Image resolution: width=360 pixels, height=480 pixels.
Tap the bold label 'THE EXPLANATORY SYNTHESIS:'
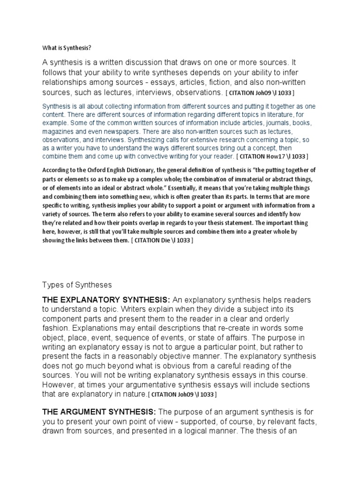[x=106, y=300]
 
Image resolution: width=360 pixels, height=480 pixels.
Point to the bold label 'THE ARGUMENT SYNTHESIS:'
[x=99, y=412]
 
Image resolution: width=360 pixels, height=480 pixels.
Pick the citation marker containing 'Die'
[x=162, y=240]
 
